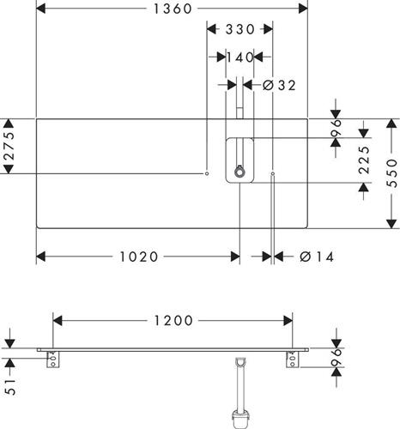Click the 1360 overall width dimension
point(173,9)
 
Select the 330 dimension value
point(239,29)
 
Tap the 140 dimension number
point(239,57)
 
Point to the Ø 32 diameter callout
point(279,85)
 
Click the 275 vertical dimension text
point(9,146)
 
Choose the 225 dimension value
point(364,160)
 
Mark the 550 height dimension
point(391,173)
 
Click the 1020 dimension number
point(139,257)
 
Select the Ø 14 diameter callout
point(317,257)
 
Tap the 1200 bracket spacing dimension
point(173,321)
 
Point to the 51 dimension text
point(10,387)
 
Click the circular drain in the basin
point(239,172)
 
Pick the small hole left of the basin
point(207,173)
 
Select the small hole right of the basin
point(273,173)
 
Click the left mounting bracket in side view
point(53,360)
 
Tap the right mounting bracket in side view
point(293,360)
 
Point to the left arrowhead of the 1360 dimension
point(41,9)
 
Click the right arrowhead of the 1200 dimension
point(288,321)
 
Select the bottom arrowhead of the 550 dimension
point(391,224)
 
